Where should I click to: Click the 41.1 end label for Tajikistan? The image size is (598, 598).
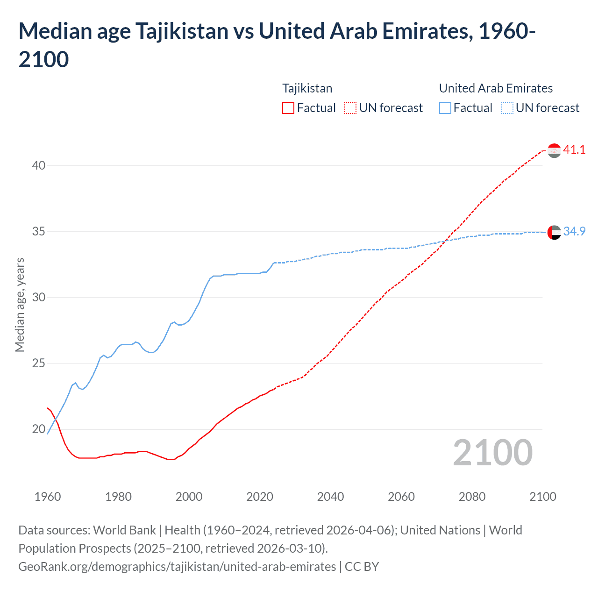coord(574,149)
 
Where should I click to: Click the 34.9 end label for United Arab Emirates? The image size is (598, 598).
coord(574,231)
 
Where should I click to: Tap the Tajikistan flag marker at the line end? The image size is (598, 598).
coord(554,150)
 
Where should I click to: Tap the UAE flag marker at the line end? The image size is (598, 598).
coord(554,232)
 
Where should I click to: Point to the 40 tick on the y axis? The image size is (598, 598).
coord(39,165)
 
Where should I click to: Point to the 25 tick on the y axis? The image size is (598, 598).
coord(39,363)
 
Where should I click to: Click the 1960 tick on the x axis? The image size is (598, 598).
coord(48,497)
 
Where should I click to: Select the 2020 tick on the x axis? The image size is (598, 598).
coord(260,497)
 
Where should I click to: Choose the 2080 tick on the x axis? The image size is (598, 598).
coord(472,497)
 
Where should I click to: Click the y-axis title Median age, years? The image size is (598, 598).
coord(20,305)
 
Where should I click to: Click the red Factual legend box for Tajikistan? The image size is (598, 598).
coord(288,108)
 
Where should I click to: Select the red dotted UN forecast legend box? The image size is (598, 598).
coord(350,108)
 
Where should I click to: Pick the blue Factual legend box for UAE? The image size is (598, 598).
coord(445,108)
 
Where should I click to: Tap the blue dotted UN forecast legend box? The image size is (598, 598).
coord(507,108)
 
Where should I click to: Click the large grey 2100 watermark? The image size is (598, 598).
coord(492,453)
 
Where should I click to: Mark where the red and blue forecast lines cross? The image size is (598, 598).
coord(446,240)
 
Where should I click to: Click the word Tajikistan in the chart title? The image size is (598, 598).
coord(182,31)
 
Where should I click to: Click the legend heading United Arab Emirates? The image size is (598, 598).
coord(496,88)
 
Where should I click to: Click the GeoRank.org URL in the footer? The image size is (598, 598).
coord(177,567)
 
